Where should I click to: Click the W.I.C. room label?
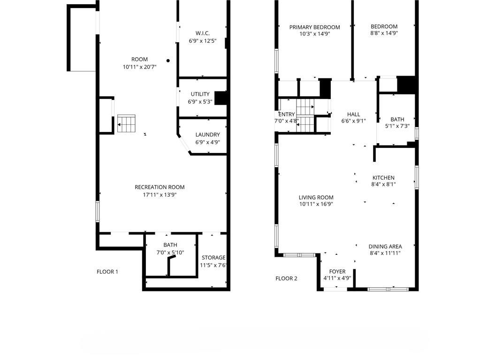[202, 33]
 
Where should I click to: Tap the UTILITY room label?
[200, 94]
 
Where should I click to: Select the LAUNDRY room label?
[207, 135]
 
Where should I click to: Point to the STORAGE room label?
[213, 258]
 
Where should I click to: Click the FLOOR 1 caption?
[107, 271]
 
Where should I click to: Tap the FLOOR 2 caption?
[286, 278]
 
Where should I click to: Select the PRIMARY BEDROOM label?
[314, 27]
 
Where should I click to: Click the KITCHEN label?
[383, 178]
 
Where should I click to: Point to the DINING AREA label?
[385, 246]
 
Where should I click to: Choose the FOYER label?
[337, 272]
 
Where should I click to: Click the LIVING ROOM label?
[316, 198]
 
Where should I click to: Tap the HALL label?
[353, 114]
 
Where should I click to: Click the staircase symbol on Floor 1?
[126, 123]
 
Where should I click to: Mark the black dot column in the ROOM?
[168, 61]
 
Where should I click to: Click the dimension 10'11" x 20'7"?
[139, 67]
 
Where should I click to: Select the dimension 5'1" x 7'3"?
[397, 126]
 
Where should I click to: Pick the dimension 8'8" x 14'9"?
[384, 33]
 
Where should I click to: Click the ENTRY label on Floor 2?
[286, 115]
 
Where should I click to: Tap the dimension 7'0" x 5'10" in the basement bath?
[170, 253]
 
